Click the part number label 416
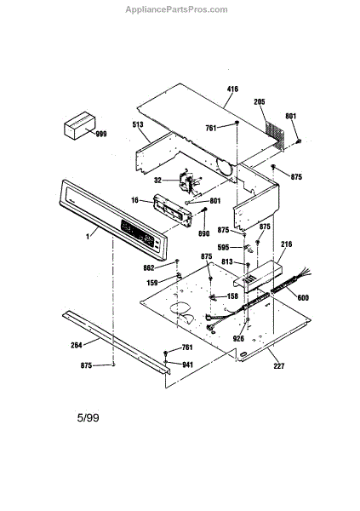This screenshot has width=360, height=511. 232,89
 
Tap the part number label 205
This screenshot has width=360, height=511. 260,102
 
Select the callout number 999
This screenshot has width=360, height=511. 101,134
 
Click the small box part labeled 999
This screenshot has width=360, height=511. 79,125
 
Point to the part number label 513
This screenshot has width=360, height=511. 138,124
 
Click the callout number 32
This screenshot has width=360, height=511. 157,181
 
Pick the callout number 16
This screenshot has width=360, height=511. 134,200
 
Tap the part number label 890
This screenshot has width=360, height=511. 204,233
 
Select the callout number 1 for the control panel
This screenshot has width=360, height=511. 88,237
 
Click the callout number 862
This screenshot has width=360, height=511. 149,268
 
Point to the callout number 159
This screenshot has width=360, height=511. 152,283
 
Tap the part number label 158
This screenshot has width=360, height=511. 232,296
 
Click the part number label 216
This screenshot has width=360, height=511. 287,244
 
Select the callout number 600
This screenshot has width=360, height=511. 303,297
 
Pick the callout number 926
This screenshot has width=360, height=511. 238,339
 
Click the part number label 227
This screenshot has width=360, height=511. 279,366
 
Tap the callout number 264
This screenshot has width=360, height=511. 77,345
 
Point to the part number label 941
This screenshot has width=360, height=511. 187,365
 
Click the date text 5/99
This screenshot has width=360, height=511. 88,418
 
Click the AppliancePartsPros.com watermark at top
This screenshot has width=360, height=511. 176,9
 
